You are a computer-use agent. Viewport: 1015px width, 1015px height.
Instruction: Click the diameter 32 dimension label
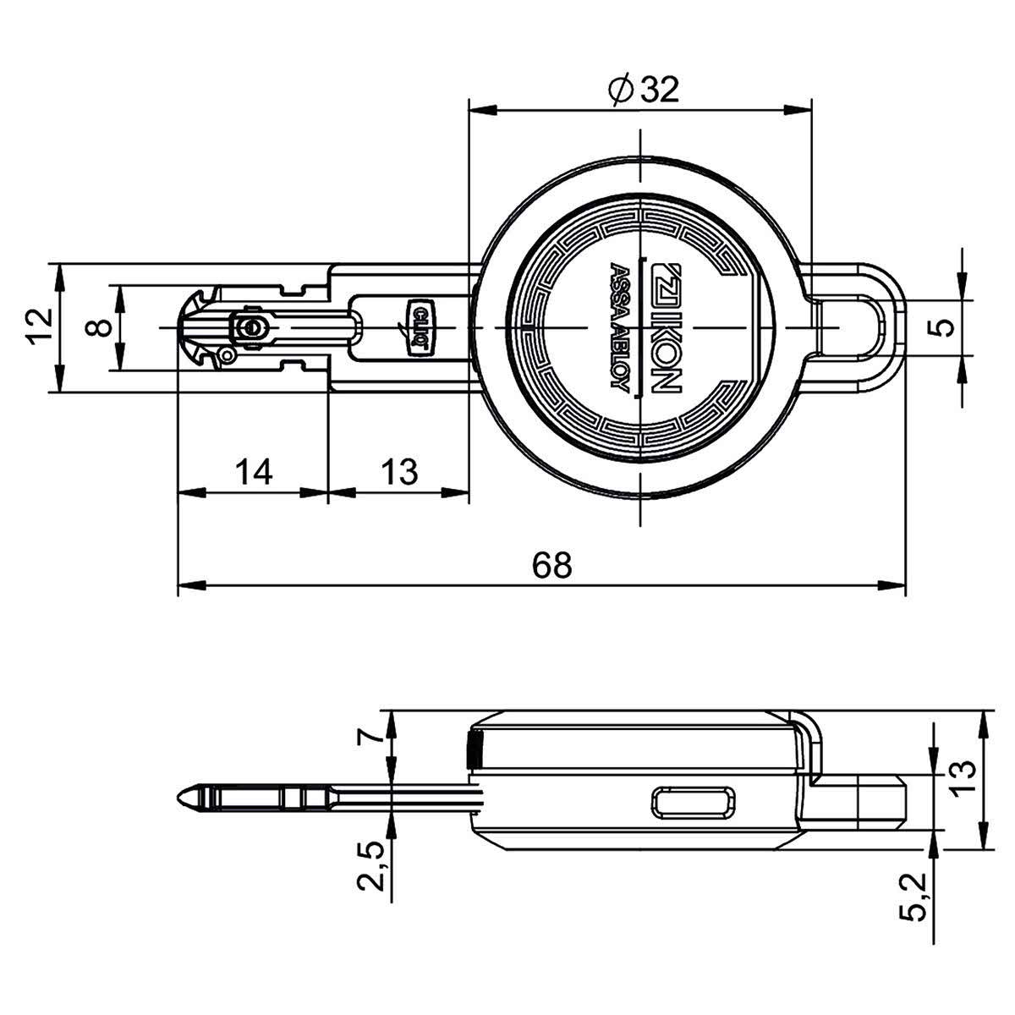(x=643, y=90)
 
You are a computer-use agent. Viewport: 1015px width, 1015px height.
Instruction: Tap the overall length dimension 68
(x=551, y=565)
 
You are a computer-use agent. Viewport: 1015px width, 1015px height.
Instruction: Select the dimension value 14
(x=254, y=471)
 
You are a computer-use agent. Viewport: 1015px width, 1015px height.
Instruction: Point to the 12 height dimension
(x=40, y=326)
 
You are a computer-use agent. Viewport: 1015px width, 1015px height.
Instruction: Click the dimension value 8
(x=98, y=327)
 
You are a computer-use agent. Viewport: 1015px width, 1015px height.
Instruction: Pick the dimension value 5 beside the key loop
(x=946, y=326)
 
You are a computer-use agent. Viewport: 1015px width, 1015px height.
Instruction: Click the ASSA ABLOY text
(x=621, y=326)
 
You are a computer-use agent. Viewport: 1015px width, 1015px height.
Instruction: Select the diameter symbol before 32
(x=620, y=91)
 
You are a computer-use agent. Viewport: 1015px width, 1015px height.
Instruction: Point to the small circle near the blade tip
(x=227, y=355)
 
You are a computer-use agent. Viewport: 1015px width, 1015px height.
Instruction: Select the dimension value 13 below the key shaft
(x=399, y=471)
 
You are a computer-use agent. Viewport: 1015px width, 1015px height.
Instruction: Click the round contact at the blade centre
(x=252, y=327)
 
